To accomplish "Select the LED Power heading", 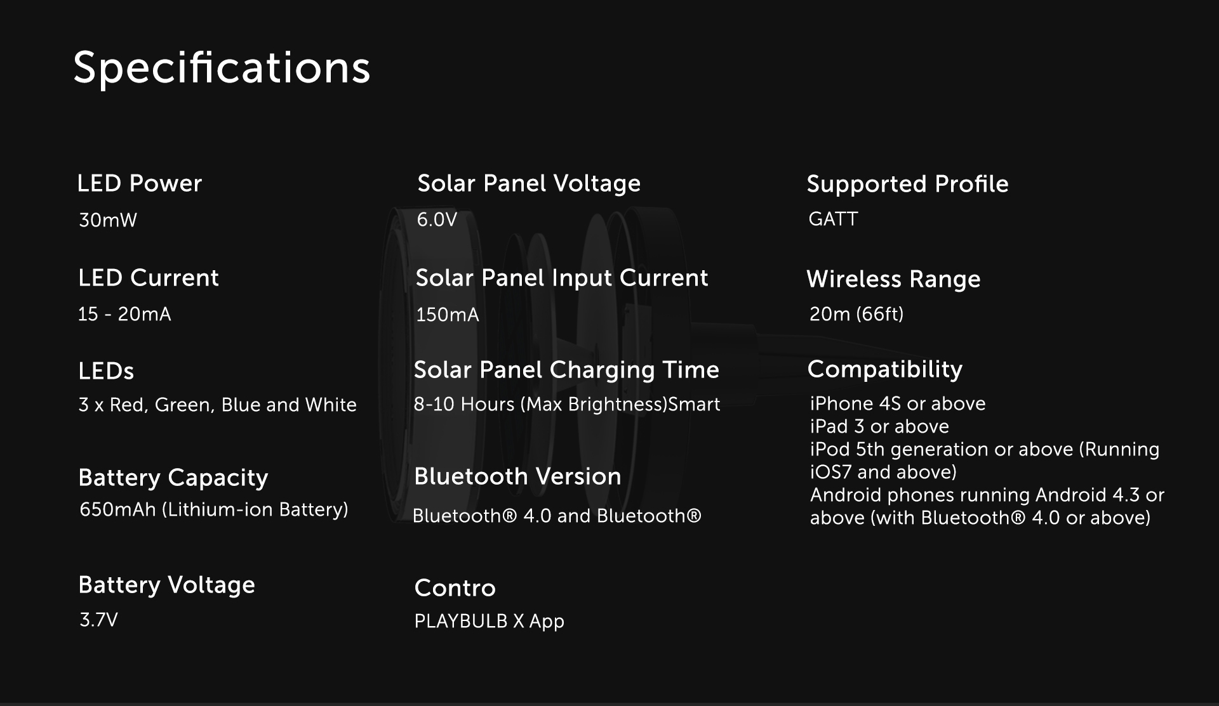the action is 139,183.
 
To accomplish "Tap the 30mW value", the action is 108,220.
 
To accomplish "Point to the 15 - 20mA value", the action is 124,314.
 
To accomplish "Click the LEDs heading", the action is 106,371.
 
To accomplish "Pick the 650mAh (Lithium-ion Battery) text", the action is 214,509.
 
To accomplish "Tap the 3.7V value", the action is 98,620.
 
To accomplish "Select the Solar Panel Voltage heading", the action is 529,183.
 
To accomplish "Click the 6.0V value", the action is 437,219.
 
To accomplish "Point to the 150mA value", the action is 448,315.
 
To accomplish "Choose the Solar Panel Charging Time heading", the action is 566,370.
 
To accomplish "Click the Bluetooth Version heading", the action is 517,476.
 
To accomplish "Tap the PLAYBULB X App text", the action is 489,621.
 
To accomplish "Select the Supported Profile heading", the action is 907,184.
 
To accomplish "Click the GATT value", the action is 833,219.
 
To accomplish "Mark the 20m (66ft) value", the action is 856,314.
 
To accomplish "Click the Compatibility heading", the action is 885,369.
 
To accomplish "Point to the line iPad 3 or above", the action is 879,426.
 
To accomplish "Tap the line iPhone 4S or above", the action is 898,403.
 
